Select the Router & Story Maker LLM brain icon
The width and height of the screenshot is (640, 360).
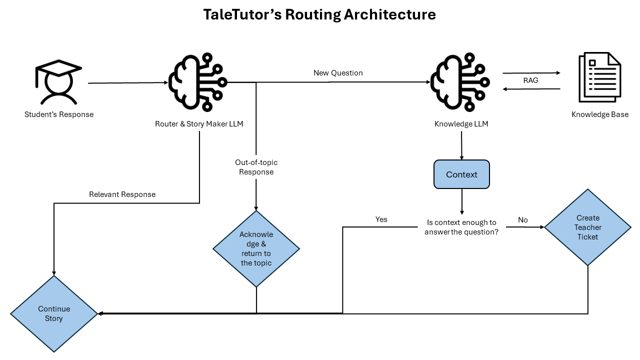tap(198, 82)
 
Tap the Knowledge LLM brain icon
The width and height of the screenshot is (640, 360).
tap(460, 82)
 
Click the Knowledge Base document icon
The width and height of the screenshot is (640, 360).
tap(600, 77)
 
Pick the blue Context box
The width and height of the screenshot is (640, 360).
tap(461, 174)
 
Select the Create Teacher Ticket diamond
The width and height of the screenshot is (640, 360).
tap(587, 227)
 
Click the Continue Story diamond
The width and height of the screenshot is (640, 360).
tap(54, 313)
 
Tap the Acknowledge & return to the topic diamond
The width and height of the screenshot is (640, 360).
tap(256, 249)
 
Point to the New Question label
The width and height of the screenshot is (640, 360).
tap(338, 73)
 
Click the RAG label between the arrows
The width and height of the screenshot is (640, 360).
tap(531, 80)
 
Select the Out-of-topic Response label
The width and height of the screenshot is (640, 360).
tap(256, 167)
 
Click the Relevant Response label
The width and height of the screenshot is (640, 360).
tap(122, 194)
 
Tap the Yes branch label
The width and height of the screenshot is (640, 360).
tap(381, 219)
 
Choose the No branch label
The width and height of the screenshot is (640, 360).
tap(523, 220)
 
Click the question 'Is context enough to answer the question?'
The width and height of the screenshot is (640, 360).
tap(461, 227)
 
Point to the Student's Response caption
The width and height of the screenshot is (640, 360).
tap(59, 114)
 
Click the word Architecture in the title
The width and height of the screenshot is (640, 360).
tap(389, 14)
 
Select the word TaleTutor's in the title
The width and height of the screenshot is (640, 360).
tap(242, 14)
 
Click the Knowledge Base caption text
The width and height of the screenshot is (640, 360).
tap(600, 114)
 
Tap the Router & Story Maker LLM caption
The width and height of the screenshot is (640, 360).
tap(199, 124)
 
